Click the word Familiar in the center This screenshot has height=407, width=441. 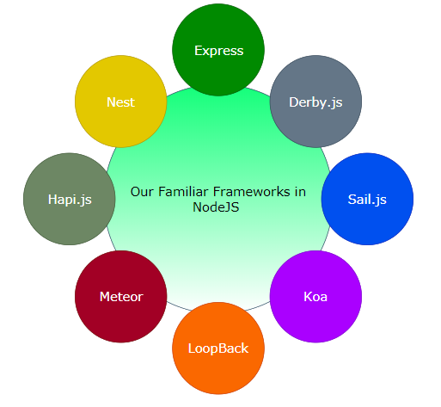coord(184,192)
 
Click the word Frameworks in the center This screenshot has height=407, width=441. coord(249,192)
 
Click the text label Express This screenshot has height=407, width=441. coord(218,51)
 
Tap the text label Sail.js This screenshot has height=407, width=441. coord(367,200)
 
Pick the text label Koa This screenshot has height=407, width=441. coord(315,297)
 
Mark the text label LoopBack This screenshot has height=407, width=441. coord(218,348)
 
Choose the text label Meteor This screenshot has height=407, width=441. coord(121,297)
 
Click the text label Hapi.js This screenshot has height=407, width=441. coord(70,200)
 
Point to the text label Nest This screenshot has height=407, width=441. coord(121,102)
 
